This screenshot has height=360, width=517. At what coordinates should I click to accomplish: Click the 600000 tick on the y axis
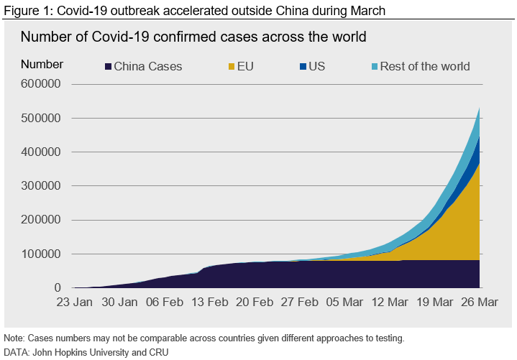42,84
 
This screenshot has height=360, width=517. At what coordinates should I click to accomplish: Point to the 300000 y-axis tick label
42,186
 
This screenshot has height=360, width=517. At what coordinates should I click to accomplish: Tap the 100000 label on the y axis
42,254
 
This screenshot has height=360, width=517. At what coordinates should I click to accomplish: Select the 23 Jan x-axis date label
74,303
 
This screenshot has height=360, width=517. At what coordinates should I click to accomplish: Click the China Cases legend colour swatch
109,67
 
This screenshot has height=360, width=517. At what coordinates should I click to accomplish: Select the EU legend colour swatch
232,67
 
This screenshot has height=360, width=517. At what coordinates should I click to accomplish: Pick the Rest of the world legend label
425,66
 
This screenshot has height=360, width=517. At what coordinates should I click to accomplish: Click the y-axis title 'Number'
42,64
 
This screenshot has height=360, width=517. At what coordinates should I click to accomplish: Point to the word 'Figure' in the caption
21,11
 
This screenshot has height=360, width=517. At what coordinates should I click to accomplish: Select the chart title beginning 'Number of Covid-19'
193,37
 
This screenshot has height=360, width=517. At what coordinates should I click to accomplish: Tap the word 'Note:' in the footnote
14,338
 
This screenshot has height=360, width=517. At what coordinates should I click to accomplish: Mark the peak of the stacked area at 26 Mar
480,108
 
